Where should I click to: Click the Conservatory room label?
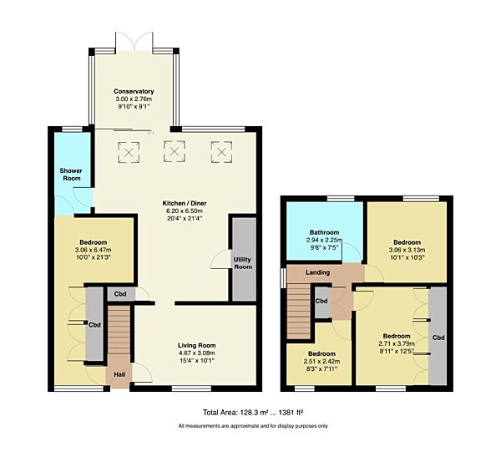click(x=134, y=92)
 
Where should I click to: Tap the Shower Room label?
click(x=70, y=174)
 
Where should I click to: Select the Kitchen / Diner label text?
click(x=185, y=203)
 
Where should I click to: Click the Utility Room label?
click(x=243, y=262)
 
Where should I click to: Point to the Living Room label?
click(x=196, y=344)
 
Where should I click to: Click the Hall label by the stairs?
click(x=119, y=374)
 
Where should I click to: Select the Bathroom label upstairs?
click(x=325, y=232)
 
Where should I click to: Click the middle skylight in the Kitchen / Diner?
click(x=175, y=152)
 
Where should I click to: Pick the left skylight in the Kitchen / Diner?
click(x=129, y=152)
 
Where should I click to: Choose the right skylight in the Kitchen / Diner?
click(x=220, y=152)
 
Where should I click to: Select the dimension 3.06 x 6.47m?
click(x=94, y=250)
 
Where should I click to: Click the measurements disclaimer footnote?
click(x=253, y=427)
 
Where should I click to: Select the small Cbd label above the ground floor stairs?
click(x=120, y=294)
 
